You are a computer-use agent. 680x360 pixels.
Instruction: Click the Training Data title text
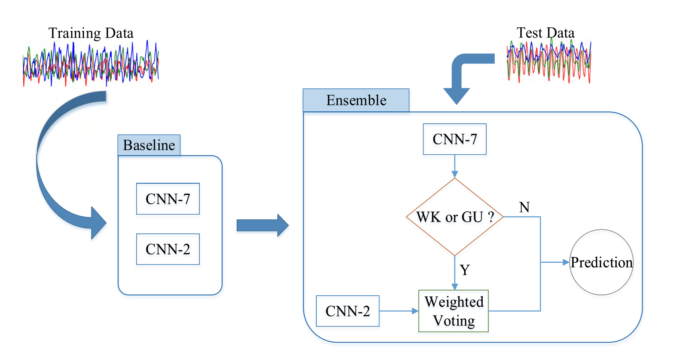pos(91,33)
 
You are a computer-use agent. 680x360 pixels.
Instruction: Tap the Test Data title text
pos(545,33)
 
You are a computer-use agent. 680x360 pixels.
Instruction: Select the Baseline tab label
pos(149,145)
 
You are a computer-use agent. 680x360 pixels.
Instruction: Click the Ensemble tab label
pos(356,100)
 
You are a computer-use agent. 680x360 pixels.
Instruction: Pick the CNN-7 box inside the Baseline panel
pos(168,199)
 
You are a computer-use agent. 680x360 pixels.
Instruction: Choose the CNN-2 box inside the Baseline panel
pos(168,249)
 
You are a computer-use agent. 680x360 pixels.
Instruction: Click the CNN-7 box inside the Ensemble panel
pos(455,139)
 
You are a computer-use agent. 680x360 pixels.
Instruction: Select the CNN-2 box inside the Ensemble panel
pos(348,311)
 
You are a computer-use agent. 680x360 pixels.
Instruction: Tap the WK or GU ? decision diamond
pos(455,217)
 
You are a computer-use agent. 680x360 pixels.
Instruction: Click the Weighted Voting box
pos(454,311)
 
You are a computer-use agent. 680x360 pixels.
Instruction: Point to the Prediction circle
pos(601,262)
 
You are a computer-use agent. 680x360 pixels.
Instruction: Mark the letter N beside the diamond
pos(524,207)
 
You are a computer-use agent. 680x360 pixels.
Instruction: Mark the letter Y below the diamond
pos(465,270)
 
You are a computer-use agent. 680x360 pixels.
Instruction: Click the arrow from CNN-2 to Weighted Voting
pos(398,311)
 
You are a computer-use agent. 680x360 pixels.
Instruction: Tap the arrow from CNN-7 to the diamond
pos(455,166)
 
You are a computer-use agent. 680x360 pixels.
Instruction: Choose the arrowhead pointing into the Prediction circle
pos(566,262)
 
